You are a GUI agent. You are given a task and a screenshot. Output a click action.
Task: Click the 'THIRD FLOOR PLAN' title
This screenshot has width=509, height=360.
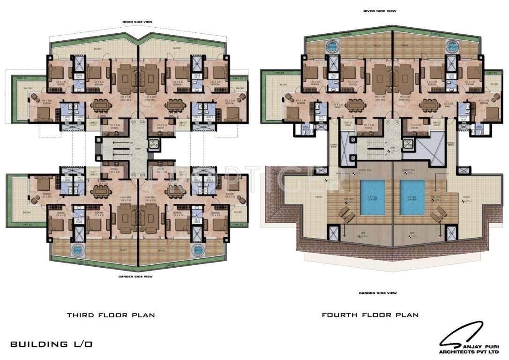(x=111, y=315)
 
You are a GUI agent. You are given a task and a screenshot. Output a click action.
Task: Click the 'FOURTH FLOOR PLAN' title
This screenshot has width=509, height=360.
(x=370, y=315)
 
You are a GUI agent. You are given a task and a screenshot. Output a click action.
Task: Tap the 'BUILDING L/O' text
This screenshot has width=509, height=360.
(x=51, y=344)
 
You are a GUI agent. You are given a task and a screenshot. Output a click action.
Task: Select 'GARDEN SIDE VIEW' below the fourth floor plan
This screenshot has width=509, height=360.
(x=378, y=293)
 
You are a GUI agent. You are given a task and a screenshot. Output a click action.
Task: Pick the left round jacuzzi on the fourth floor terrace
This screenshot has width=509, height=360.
(x=333, y=45)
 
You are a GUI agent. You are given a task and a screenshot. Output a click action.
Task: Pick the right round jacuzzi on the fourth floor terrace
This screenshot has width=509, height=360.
(x=452, y=45)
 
